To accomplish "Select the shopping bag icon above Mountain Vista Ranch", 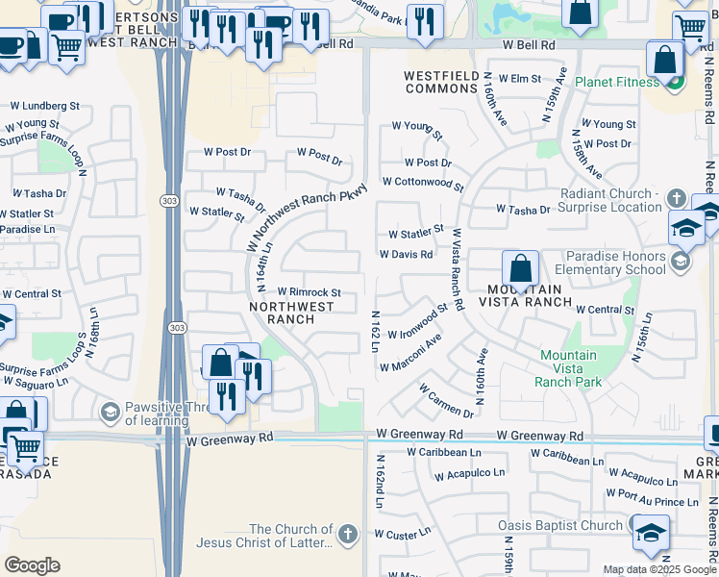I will coord(519,268).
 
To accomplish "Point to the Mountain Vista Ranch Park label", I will coord(570,368).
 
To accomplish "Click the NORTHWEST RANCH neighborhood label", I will coord(291,313).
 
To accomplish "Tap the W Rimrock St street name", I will coord(309,292).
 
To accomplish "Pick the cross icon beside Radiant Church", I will coord(676,199).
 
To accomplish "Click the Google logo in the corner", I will coord(32,565).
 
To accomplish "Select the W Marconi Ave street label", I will coord(410,353).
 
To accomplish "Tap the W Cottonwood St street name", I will coord(422,182).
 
